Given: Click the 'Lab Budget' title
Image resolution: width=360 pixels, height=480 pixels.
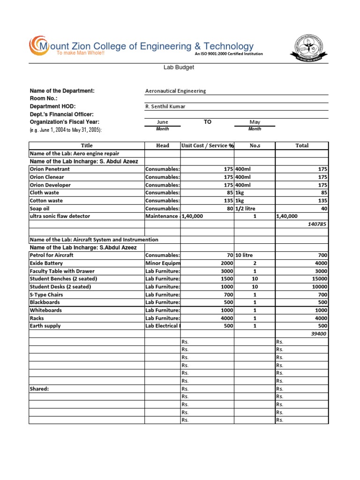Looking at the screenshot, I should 178,67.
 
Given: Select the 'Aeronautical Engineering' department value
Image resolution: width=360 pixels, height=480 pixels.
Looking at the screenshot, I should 176,91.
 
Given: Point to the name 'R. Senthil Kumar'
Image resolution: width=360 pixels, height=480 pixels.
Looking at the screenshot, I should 165,106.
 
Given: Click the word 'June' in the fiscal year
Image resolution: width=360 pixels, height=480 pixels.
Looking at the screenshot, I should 162,122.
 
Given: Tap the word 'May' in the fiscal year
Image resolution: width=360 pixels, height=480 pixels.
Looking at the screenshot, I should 255,122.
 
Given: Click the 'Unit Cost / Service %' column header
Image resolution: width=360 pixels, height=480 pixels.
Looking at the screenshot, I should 207,146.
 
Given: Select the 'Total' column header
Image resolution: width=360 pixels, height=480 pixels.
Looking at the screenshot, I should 302,146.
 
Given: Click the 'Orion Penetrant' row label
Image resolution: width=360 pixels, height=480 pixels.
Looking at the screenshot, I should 50,169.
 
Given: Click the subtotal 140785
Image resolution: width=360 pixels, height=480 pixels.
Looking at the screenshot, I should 317,224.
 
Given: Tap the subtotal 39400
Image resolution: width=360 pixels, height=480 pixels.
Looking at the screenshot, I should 319,334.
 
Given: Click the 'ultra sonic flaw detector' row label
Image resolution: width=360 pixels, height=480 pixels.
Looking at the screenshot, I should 60,216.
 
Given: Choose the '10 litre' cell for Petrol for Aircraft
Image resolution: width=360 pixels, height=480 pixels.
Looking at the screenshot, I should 245,255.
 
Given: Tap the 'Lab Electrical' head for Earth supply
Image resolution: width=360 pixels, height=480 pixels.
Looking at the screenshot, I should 162,326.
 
